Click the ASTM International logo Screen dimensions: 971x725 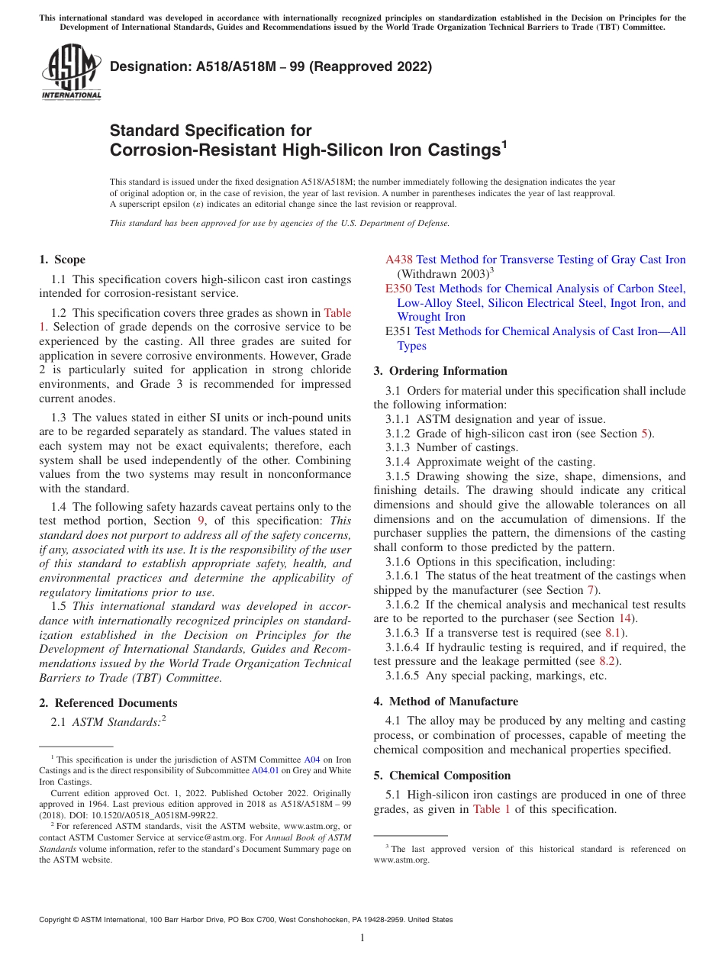[x=71, y=72]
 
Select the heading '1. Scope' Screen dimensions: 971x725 [x=62, y=260]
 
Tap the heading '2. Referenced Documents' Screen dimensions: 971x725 [x=108, y=703]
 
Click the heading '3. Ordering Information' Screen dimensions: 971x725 [x=440, y=371]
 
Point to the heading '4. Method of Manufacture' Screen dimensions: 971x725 [x=446, y=701]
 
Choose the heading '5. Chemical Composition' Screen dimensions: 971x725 [x=442, y=776]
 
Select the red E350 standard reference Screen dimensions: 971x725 [x=398, y=289]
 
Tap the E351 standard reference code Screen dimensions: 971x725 [x=398, y=331]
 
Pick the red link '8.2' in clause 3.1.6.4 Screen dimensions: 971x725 [x=607, y=661]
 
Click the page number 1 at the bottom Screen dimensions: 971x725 [x=362, y=938]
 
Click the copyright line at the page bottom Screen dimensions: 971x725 [x=246, y=920]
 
